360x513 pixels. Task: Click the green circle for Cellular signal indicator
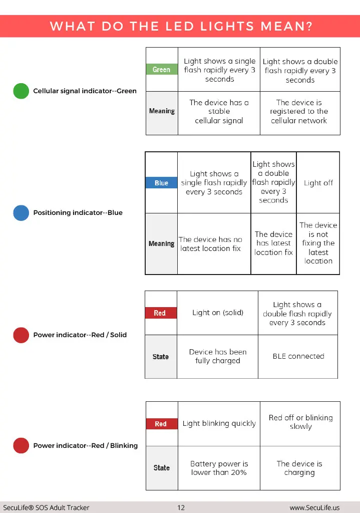[x=21, y=91]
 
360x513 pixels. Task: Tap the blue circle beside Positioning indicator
[x=21, y=213]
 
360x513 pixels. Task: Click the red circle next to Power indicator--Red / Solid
[x=21, y=335]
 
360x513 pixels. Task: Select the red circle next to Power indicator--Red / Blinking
[x=21, y=445]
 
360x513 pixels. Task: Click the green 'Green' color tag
[x=162, y=69]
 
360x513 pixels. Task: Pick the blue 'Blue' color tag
[x=162, y=183]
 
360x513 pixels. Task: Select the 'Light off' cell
[x=318, y=183]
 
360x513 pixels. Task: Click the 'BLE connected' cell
[x=298, y=356]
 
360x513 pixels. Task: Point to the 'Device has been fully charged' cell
[x=218, y=356]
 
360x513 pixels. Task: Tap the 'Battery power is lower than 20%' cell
[x=219, y=468]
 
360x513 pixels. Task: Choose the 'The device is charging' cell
[x=300, y=468]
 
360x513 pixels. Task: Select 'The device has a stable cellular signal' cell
[x=219, y=112]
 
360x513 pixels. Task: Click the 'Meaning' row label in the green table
[x=162, y=111]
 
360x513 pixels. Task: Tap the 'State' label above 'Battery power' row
[x=162, y=468]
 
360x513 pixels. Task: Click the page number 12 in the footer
[x=181, y=507]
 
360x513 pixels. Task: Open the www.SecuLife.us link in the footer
[x=314, y=507]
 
